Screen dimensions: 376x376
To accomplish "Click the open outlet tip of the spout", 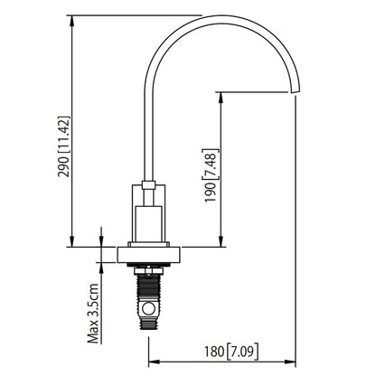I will click(293, 90).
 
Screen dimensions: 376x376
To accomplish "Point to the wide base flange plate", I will click(149, 255).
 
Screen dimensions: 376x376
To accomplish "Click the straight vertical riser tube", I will click(148, 136).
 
